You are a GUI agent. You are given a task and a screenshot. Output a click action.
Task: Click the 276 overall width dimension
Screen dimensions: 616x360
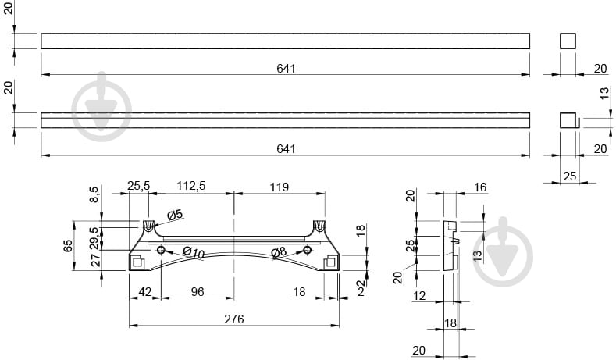(234, 319)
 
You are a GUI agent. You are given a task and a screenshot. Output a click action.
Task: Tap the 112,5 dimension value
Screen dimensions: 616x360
(191, 186)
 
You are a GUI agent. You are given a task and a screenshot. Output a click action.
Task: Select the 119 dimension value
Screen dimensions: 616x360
(280, 187)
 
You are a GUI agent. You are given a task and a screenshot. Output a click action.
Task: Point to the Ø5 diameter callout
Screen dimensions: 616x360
(175, 215)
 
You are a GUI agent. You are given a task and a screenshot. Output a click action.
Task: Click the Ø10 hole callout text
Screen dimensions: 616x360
(194, 253)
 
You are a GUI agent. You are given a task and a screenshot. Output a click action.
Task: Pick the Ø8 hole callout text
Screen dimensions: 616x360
(279, 252)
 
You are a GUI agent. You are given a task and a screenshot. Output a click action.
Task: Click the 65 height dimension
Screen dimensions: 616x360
(68, 246)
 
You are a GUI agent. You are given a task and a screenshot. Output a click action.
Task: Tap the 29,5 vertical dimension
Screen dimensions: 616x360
(94, 237)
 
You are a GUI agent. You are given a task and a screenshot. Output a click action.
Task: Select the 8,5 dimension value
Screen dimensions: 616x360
(94, 194)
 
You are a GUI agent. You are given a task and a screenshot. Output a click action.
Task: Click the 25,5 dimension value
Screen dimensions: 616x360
(139, 186)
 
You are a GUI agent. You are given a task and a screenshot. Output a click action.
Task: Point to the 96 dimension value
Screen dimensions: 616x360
(198, 291)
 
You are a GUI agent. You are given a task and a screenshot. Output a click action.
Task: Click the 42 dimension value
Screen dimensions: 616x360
(145, 291)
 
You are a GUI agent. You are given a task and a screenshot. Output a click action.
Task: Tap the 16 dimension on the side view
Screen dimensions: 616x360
(480, 187)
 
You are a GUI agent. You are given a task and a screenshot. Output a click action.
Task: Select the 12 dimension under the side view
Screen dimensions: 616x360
(419, 295)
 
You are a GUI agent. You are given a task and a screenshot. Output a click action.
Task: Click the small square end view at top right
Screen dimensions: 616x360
(568, 41)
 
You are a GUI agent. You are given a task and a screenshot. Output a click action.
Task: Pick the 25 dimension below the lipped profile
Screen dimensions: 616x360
(570, 176)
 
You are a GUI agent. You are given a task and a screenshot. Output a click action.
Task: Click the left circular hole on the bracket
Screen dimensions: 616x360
(161, 250)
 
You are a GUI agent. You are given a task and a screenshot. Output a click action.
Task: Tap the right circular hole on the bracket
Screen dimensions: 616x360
(307, 250)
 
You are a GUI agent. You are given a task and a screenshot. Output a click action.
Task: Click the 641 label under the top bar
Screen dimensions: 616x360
(286, 69)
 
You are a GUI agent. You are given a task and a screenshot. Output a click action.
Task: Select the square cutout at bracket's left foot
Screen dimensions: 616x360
(137, 262)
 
